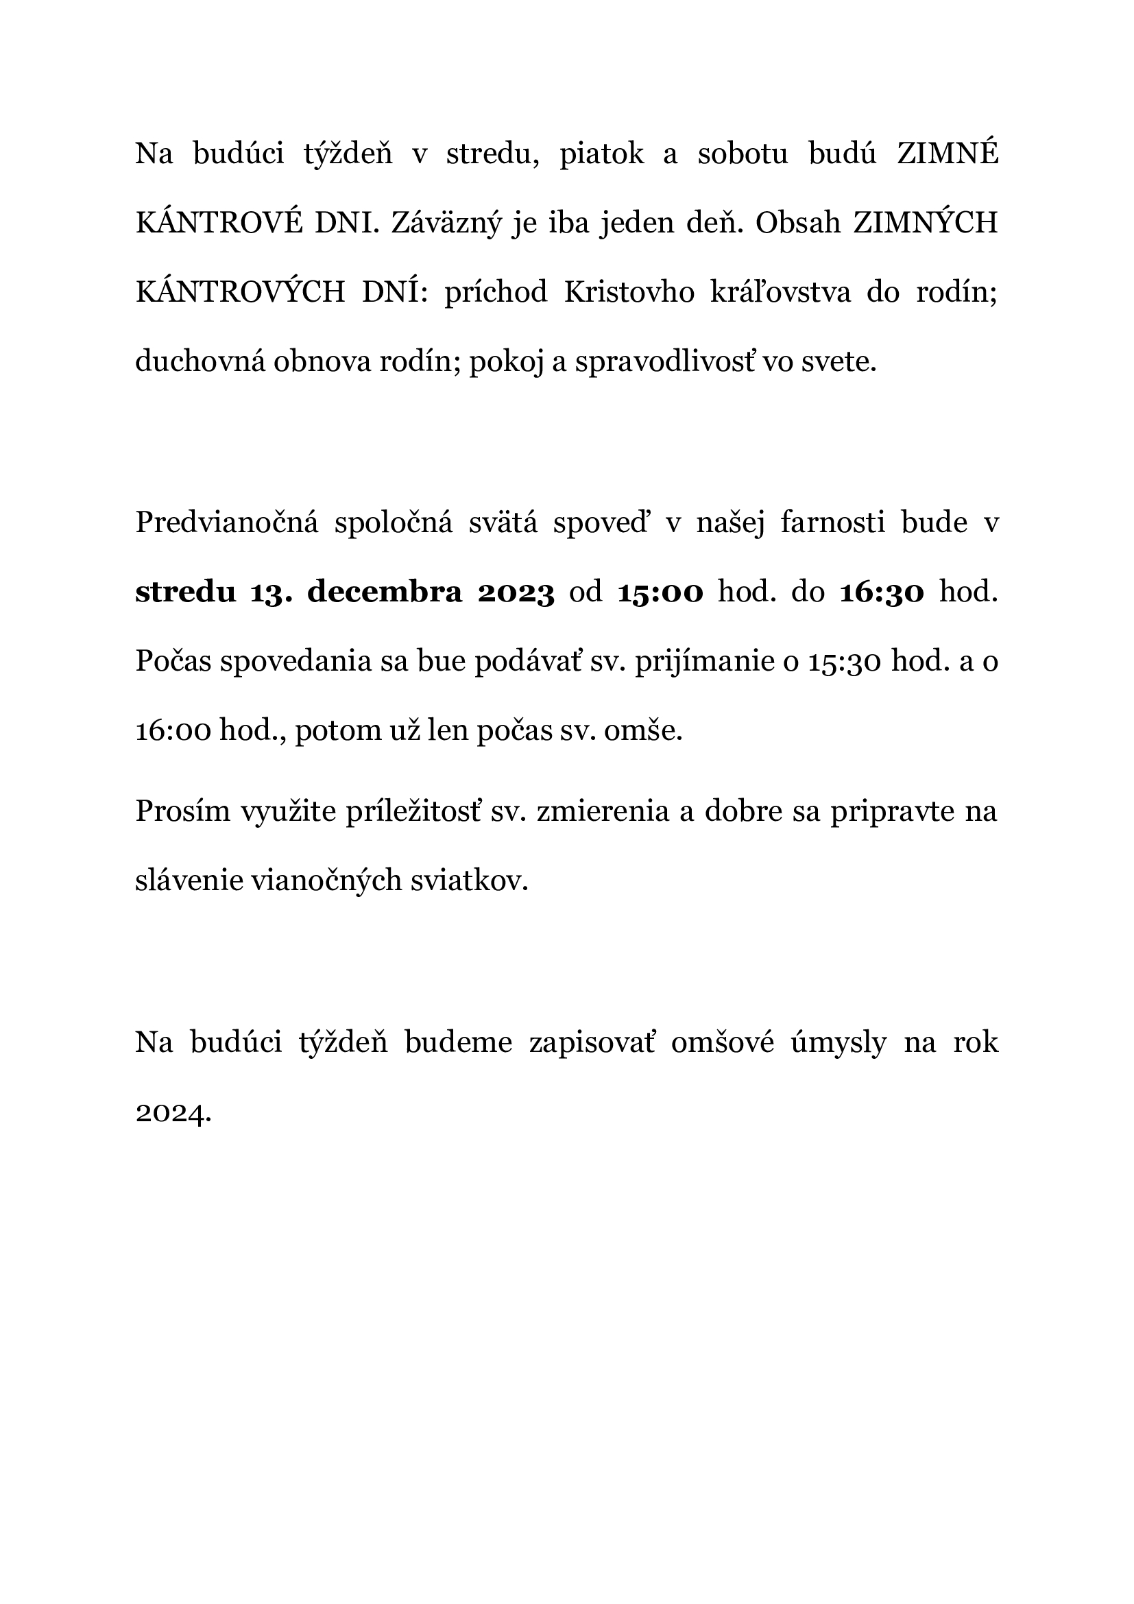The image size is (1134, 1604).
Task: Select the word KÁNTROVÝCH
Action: click(x=240, y=292)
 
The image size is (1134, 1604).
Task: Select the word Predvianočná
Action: click(x=226, y=523)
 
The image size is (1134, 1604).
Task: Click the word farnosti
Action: click(x=833, y=523)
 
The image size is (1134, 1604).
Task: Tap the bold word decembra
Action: click(x=385, y=592)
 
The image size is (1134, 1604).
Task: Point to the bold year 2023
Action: click(x=516, y=592)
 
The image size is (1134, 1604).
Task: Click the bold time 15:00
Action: click(x=660, y=592)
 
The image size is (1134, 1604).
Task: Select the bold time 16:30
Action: click(x=882, y=592)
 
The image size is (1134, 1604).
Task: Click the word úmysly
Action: click(x=839, y=1042)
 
